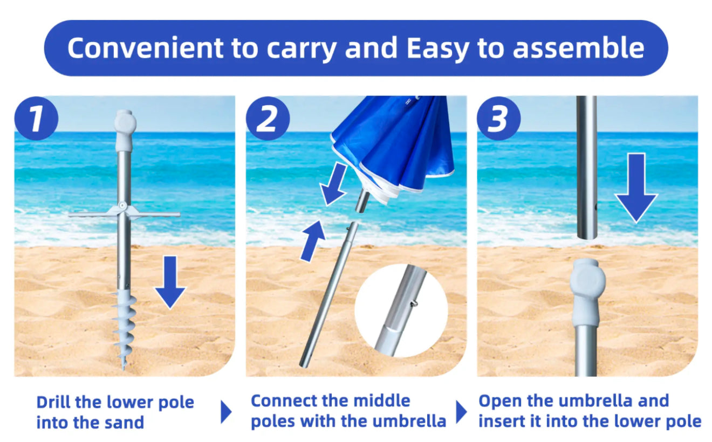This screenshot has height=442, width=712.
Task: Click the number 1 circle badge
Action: tap(37, 118)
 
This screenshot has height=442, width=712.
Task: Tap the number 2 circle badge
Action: tap(268, 118)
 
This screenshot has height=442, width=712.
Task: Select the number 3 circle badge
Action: tap(499, 118)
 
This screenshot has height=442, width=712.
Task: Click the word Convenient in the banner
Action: tap(145, 48)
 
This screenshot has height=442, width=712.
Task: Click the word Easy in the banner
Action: tap(438, 49)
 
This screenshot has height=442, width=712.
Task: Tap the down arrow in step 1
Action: tap(170, 282)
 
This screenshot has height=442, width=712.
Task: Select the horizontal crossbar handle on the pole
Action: tap(124, 213)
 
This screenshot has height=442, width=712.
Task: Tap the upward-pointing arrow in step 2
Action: tap(312, 241)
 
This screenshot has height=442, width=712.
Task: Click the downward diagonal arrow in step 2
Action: tap(333, 184)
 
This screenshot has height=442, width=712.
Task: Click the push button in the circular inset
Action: tap(414, 304)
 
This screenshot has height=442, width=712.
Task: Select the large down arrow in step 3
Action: tap(636, 188)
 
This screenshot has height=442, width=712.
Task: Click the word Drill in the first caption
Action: tap(53, 402)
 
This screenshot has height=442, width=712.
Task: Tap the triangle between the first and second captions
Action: tap(225, 412)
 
